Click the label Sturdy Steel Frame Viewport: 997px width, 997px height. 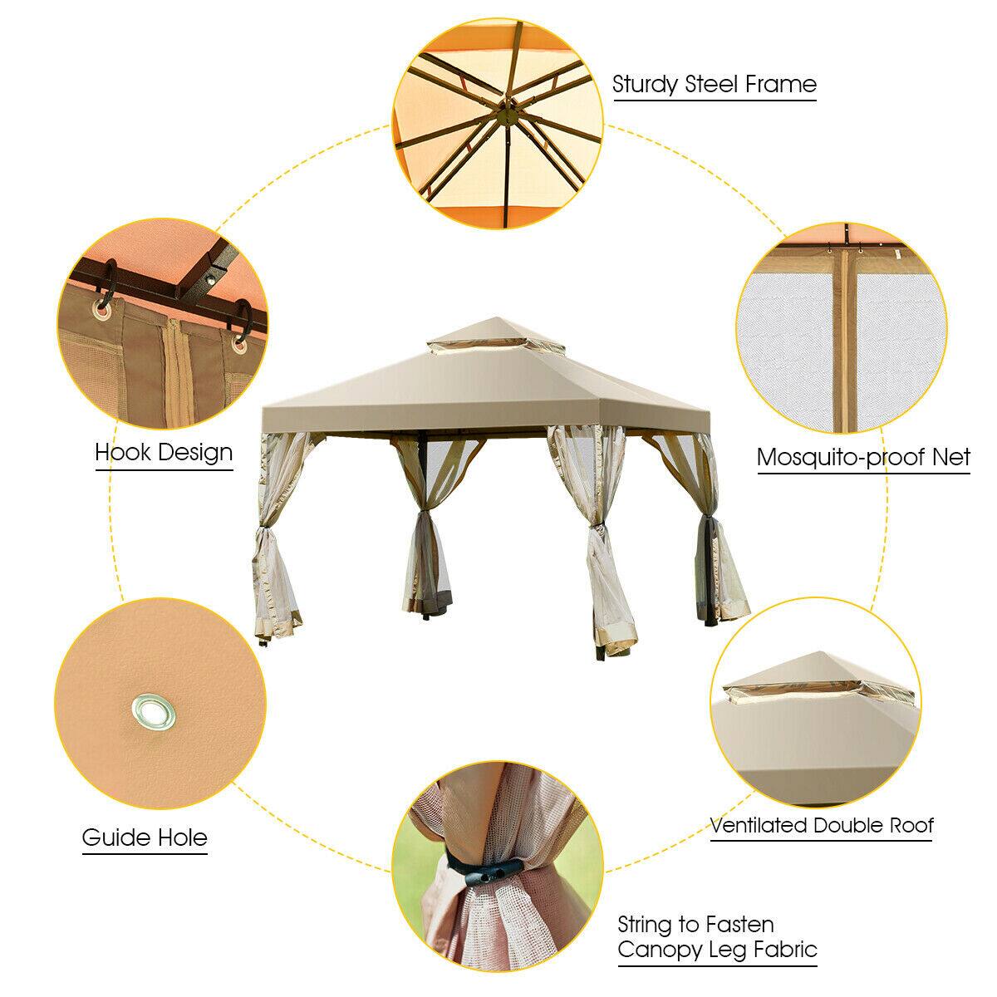coord(715,84)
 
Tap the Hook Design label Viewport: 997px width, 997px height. coord(164,453)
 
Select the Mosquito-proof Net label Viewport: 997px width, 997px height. coord(864,457)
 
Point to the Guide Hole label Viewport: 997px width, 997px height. coord(145,837)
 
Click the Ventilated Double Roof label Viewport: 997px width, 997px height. coord(822,826)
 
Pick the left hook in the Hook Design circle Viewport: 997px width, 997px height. coord(106,309)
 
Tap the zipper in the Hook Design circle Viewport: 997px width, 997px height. coord(176,366)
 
